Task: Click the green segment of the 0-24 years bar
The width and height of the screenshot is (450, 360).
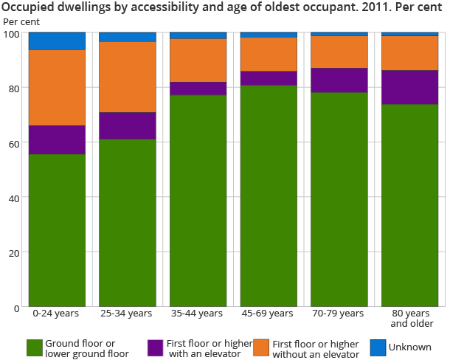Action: point(57,230)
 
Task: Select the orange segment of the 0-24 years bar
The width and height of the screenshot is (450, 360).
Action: point(57,88)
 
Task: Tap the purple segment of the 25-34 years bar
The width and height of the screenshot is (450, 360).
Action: point(128,126)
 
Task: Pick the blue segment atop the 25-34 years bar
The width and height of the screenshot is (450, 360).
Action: point(128,37)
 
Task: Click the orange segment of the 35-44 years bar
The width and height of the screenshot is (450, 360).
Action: point(198,60)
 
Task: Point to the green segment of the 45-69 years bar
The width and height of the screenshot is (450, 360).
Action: point(269,195)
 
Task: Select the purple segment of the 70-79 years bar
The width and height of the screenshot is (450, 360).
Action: point(339,80)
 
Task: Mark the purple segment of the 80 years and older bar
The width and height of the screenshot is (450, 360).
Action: point(409,88)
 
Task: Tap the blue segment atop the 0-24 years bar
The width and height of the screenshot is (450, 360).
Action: point(57,41)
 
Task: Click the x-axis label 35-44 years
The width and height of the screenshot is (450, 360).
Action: point(198,314)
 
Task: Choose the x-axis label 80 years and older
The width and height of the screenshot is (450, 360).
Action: point(410,319)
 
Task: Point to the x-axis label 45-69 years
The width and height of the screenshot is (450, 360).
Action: point(269,314)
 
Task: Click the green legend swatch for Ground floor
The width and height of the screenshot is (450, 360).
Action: point(35,348)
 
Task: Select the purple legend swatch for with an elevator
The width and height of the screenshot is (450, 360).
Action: point(155,348)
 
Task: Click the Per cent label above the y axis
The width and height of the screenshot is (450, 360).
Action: point(22,21)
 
